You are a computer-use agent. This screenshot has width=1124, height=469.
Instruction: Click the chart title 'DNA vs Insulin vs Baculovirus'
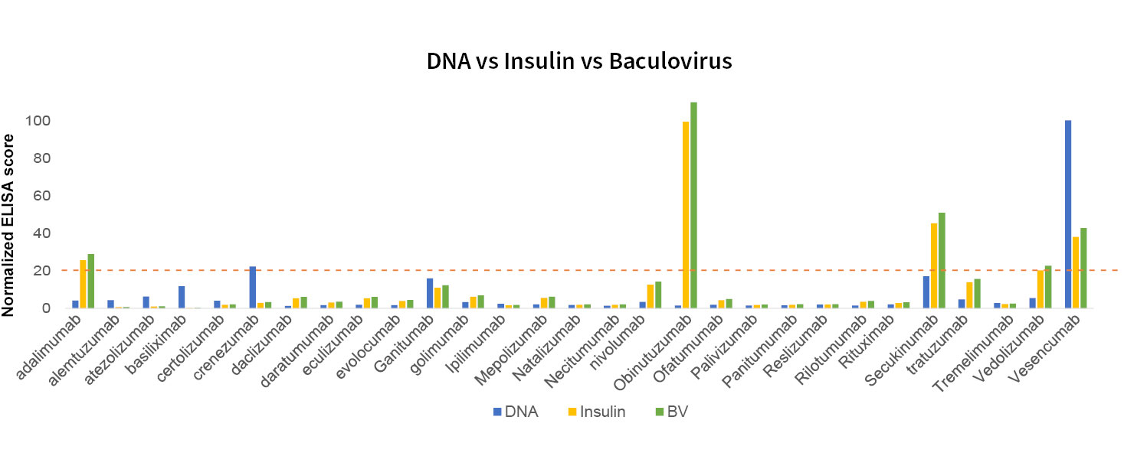579,62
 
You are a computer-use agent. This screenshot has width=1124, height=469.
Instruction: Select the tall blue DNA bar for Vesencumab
1068,214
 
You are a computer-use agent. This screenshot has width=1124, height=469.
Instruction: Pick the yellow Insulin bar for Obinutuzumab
686,215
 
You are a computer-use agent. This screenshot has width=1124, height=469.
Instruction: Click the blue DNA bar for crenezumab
253,287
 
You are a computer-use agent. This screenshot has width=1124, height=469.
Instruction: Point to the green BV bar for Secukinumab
942,260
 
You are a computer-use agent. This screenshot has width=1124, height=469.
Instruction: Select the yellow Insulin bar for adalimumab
84,284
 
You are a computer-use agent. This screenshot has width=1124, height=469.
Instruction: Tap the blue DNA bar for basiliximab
182,297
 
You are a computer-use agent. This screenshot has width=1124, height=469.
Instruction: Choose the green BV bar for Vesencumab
1083,268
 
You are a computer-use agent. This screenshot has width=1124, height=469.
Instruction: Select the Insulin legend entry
595,412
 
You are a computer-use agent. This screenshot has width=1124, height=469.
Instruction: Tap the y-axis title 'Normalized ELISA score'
10,225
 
